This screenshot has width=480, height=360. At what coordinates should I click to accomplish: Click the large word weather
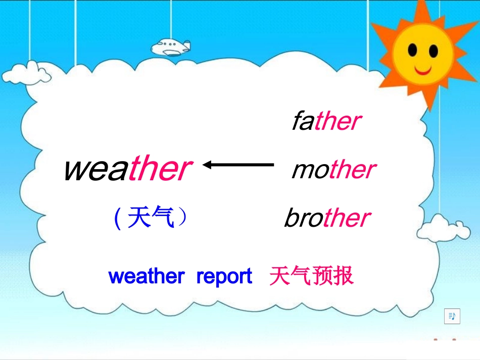point(127,169)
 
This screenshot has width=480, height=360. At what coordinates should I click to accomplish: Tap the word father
point(326,122)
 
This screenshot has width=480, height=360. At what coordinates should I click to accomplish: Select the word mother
point(333,170)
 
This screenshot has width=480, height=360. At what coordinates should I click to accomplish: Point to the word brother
point(327,219)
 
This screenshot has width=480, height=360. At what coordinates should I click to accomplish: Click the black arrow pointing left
point(237,164)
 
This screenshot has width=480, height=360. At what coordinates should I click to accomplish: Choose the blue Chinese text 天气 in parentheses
point(151,219)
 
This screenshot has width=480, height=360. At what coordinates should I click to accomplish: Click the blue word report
point(224,277)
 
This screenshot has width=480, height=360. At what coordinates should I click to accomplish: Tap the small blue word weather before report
point(146,277)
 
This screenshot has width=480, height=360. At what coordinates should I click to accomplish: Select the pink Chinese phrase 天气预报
point(311,277)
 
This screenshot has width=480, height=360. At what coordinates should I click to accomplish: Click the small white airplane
point(171,46)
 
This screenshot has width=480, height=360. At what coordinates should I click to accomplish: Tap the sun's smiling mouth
point(422,68)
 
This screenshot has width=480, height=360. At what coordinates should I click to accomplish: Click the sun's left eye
point(413,50)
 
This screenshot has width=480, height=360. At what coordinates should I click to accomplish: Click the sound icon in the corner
point(452,316)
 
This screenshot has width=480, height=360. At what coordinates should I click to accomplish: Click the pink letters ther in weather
point(159,169)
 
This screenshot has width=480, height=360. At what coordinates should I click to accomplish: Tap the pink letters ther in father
point(338,122)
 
